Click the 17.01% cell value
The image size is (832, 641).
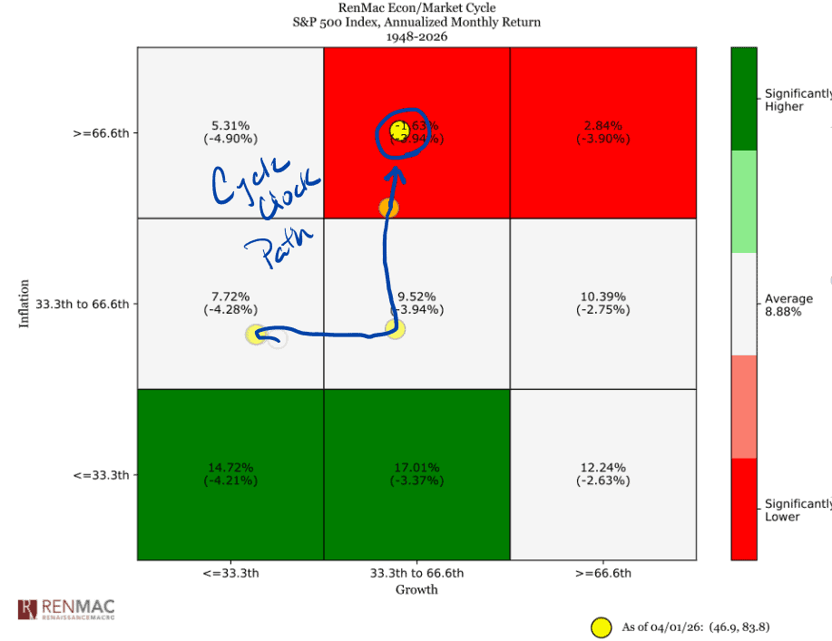click(x=416, y=467)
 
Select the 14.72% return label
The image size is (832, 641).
click(x=230, y=467)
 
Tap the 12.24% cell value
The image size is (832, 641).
click(x=603, y=467)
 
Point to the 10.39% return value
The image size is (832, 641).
click(x=603, y=296)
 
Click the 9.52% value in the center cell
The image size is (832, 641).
click(x=416, y=296)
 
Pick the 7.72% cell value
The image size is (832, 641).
click(x=230, y=296)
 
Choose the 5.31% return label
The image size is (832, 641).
click(x=230, y=126)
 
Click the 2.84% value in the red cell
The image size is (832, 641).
click(x=603, y=126)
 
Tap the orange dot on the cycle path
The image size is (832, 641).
click(x=388, y=208)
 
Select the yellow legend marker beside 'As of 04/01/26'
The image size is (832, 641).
click(x=600, y=626)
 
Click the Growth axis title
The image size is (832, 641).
click(x=416, y=589)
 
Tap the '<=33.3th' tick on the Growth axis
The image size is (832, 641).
click(x=230, y=573)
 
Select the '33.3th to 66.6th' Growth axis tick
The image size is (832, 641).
click(x=416, y=573)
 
